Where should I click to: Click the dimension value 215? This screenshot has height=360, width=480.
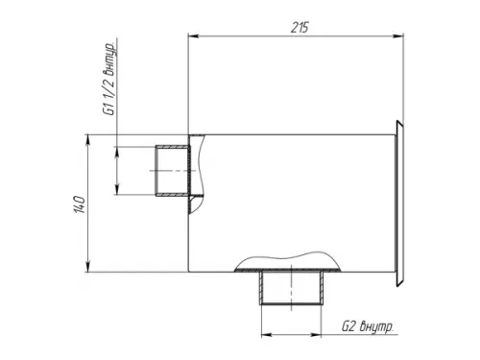click(x=300, y=28)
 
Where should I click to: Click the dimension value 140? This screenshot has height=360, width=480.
click(x=79, y=204)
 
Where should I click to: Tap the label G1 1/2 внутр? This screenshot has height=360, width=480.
click(x=109, y=78)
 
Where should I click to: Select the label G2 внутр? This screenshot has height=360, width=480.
click(x=368, y=326)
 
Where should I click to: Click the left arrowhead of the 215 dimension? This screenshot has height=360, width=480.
click(x=194, y=36)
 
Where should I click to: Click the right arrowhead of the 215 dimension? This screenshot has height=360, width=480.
click(x=397, y=36)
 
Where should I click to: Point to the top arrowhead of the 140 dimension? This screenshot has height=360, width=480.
click(x=88, y=140)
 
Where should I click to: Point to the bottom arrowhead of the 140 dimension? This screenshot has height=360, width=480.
click(x=88, y=267)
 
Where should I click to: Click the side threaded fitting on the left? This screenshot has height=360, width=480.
click(x=173, y=171)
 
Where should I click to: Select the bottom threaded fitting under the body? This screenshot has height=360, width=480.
click(x=291, y=287)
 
